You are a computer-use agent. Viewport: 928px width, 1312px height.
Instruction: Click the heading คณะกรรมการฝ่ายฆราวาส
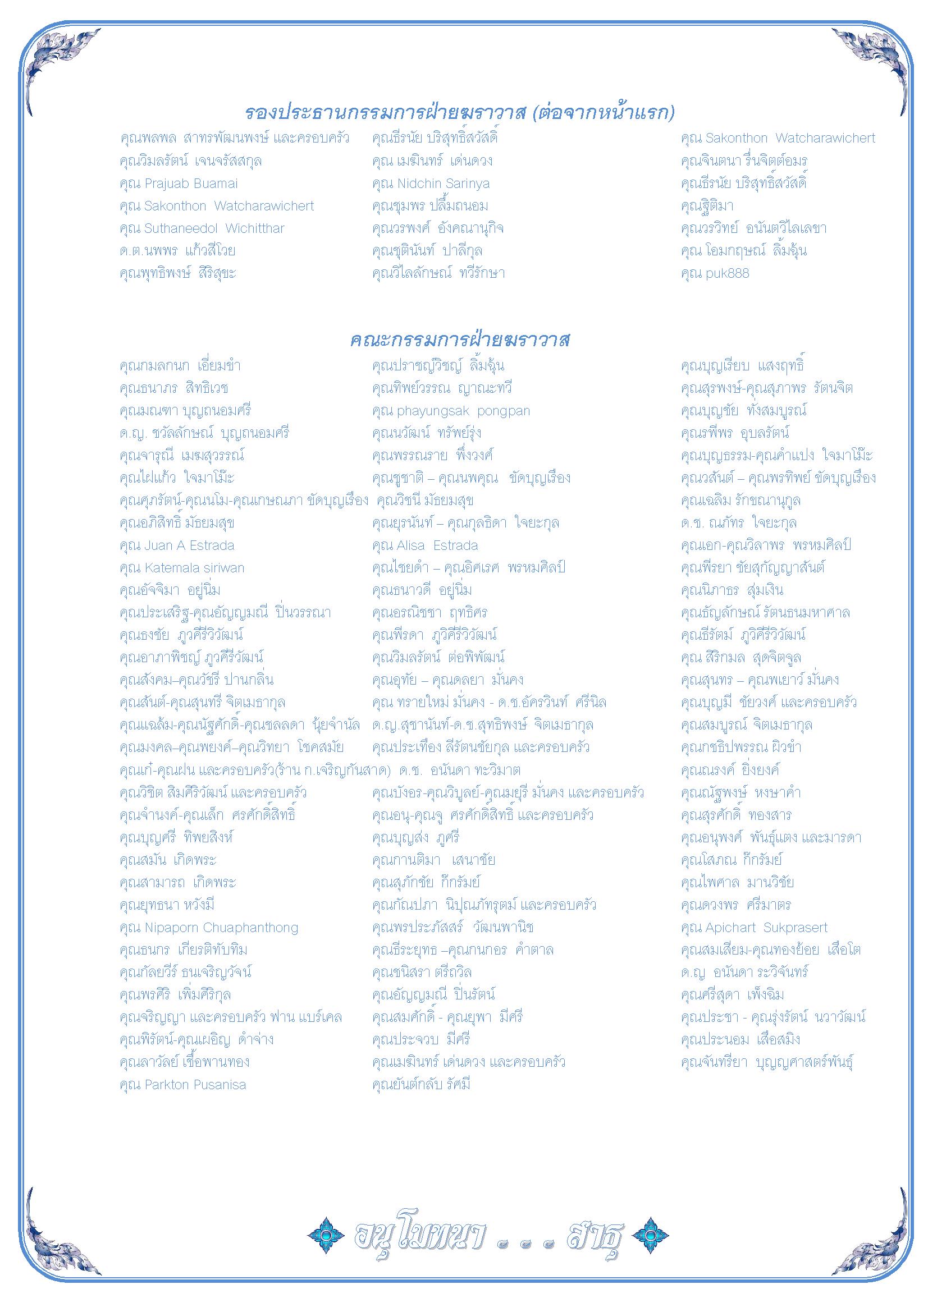point(460,341)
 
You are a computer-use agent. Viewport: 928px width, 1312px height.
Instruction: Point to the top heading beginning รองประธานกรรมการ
point(460,113)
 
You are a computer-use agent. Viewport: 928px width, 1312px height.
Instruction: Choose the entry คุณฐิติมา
point(707,206)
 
